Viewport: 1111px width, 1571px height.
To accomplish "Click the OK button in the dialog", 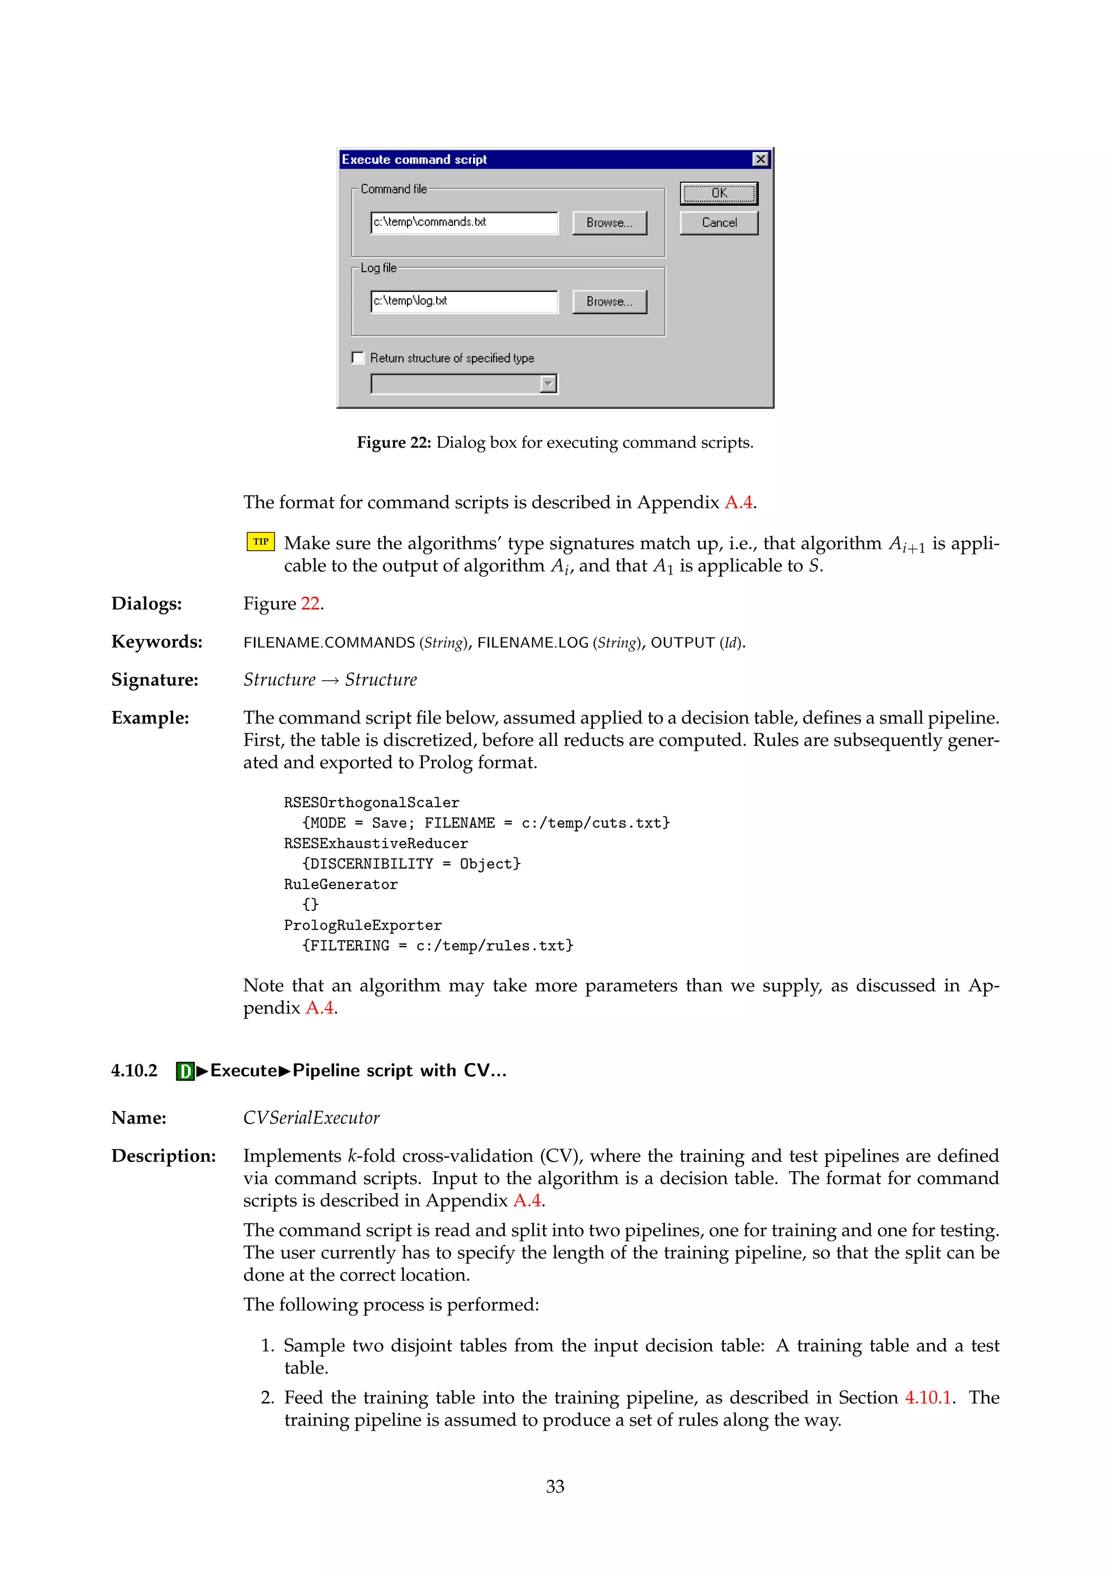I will pos(718,194).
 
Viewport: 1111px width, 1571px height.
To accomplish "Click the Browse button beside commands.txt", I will pos(609,223).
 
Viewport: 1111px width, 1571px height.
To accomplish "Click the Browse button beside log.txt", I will pos(609,302).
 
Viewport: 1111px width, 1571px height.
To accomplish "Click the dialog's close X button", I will pos(760,159).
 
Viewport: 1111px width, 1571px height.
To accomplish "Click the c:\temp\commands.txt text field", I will pos(464,223).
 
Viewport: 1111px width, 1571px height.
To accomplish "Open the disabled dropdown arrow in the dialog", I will pos(548,385).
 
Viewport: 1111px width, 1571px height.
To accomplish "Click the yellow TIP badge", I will pos(260,542).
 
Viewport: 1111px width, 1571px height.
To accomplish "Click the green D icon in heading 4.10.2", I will pos(184,1071).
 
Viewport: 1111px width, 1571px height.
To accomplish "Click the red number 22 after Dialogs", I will pos(310,603).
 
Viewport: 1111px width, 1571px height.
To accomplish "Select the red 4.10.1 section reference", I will pos(928,1397).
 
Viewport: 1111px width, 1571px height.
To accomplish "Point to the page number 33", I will pos(555,1486).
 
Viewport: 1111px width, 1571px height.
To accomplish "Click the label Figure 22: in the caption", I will pos(393,443).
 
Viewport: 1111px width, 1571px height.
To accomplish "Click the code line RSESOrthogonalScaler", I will pos(372,803).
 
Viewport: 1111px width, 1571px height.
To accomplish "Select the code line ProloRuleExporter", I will pos(362,925).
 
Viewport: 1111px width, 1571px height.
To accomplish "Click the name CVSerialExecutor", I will pos(311,1118).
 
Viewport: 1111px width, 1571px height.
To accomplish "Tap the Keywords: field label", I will pos(157,642).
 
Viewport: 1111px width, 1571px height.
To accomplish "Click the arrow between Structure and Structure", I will pos(330,680).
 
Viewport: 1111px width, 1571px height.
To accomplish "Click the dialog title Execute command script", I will pos(414,159).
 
